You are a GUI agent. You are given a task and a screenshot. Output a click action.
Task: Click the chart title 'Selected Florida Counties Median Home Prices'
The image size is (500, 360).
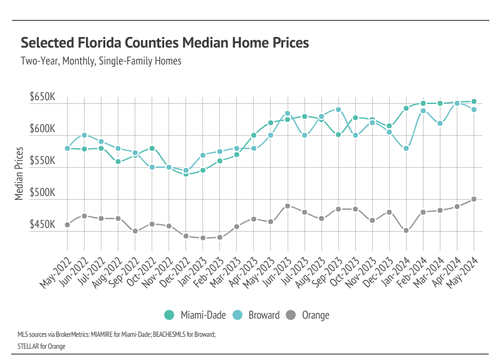[165, 43]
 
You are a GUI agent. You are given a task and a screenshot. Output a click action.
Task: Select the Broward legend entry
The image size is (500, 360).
[256, 315]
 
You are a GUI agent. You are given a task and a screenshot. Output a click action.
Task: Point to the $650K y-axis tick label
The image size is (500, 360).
[42, 98]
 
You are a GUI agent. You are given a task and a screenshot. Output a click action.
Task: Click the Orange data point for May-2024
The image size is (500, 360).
[474, 199]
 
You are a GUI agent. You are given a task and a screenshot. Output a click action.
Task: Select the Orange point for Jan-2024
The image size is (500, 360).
[406, 230]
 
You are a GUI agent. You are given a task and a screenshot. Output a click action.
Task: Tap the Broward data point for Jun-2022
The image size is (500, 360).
[84, 135]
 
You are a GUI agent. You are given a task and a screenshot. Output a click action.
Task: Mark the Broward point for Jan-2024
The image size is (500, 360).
[406, 148]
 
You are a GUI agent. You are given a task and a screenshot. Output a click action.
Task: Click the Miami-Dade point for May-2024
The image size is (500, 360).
[474, 101]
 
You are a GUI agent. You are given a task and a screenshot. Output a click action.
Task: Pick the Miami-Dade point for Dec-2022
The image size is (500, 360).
[185, 173]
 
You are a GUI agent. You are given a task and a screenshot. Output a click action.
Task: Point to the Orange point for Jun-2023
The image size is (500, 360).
[288, 205]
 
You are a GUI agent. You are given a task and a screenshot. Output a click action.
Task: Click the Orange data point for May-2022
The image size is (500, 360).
[67, 224]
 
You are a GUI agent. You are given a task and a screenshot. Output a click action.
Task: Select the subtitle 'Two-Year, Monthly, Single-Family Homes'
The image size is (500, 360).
[101, 61]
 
